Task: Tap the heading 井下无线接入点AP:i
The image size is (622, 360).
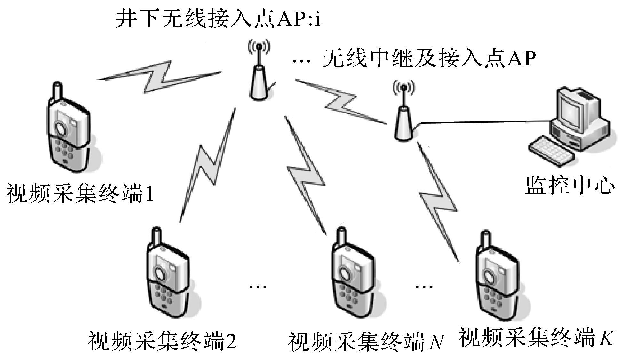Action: pyautogui.click(x=218, y=20)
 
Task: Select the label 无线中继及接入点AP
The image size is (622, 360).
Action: pyautogui.click(x=429, y=59)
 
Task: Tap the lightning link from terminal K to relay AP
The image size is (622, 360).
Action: pyautogui.click(x=438, y=201)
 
